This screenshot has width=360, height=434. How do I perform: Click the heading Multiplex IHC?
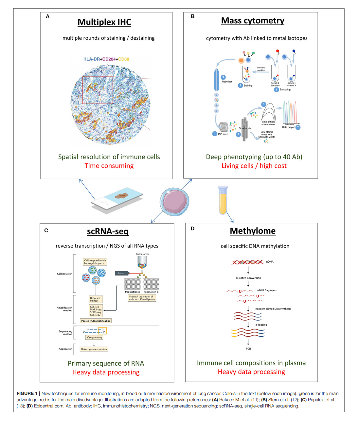point(104,22)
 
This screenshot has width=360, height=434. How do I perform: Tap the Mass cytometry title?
point(253,21)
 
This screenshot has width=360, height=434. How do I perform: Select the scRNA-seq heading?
point(108,231)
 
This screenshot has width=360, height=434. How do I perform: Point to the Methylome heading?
point(253,231)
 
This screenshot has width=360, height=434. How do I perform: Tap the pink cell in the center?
point(174,202)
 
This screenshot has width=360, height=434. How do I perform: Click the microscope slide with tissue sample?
point(117,200)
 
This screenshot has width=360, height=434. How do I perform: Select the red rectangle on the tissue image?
point(98,90)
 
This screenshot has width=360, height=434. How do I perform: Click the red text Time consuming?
point(109,166)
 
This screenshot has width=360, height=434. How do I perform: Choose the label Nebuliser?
point(227,82)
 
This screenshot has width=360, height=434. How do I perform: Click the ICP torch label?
point(223,134)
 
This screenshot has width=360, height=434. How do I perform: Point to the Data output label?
point(288,127)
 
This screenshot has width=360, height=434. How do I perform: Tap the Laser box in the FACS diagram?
point(121,273)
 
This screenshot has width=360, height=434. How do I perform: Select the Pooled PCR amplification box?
point(96,321)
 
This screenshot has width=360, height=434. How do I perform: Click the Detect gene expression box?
point(94,349)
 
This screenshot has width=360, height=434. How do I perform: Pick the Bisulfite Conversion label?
point(248,278)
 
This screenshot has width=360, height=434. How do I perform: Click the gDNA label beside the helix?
point(270,262)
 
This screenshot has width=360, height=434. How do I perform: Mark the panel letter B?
point(193,16)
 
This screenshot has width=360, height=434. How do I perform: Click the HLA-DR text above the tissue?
point(91,59)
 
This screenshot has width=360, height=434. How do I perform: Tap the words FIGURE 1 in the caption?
point(27,393)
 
